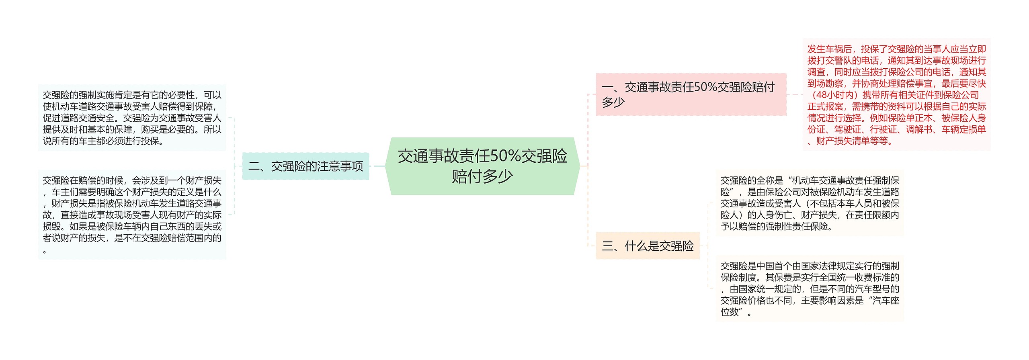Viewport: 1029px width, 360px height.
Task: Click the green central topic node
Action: pyautogui.click(x=482, y=166)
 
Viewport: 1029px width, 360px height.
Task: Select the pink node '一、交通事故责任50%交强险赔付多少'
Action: pyautogui.click(x=691, y=94)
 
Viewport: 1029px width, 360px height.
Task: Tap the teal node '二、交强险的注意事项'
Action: pyautogui.click(x=305, y=166)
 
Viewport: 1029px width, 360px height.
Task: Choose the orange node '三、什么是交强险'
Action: pyautogui.click(x=648, y=245)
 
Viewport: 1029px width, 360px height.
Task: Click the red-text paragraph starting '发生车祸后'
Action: pyautogui.click(x=896, y=94)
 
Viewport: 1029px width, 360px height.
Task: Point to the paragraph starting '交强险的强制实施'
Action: pyautogui.click(x=132, y=118)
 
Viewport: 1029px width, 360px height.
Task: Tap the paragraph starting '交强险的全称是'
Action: pyautogui.click(x=810, y=203)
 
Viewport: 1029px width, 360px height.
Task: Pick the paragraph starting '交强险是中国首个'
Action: pyautogui.click(x=810, y=288)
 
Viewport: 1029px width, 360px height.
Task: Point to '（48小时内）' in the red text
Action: pyautogui.click(x=834, y=95)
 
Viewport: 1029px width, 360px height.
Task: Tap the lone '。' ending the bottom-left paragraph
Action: pyautogui.click(x=45, y=252)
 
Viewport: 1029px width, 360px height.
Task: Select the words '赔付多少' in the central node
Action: pyautogui.click(x=482, y=176)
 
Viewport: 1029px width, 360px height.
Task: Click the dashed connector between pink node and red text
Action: pyautogui.click(x=794, y=94)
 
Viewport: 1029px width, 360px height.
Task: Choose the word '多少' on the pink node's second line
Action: pyautogui.click(x=613, y=102)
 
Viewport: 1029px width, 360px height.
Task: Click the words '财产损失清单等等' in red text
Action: pyautogui.click(x=852, y=141)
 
